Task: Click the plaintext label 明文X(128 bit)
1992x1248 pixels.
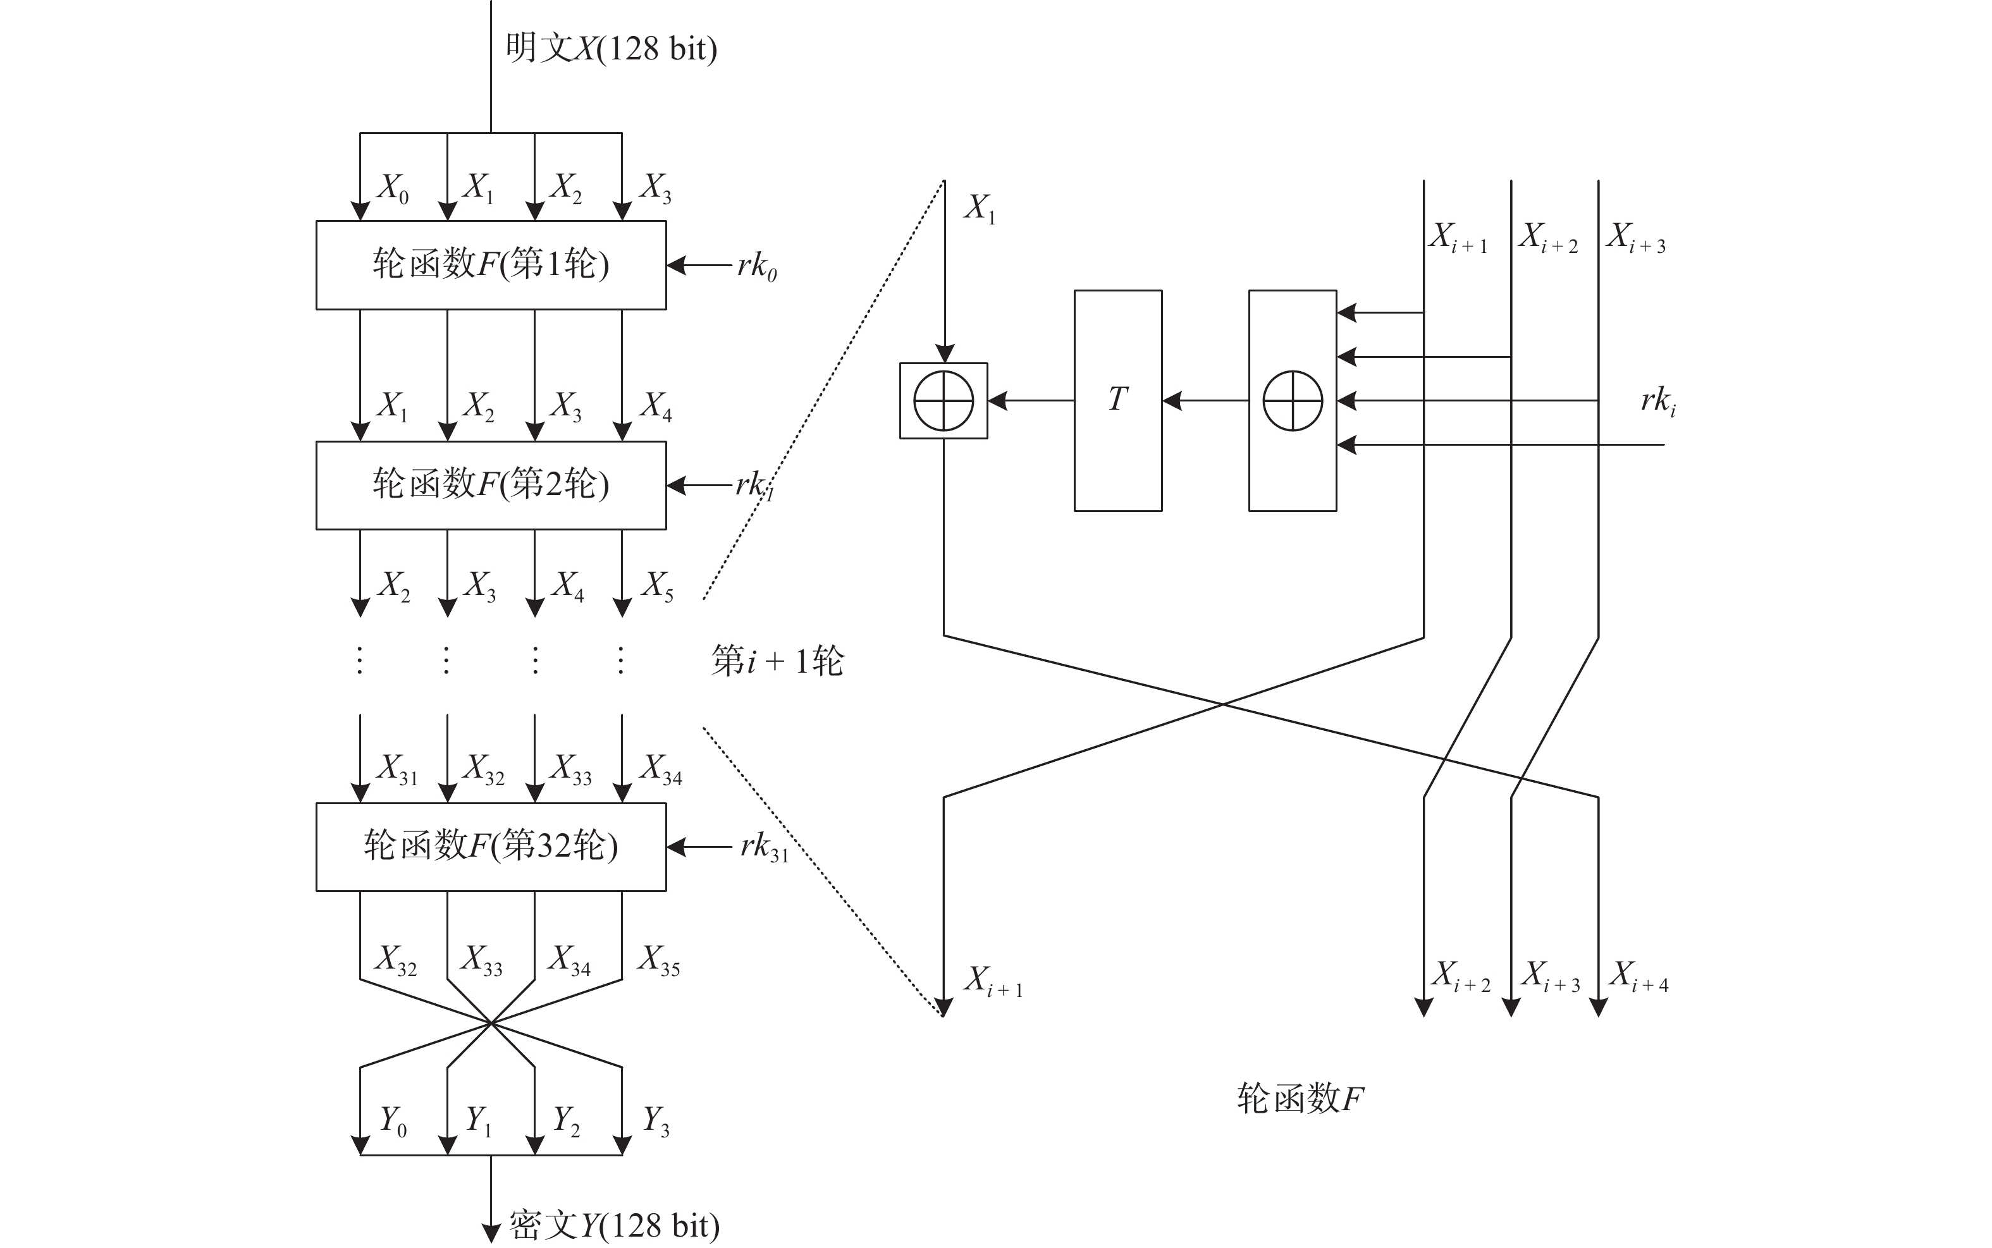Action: [611, 48]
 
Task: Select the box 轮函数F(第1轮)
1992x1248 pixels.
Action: [491, 265]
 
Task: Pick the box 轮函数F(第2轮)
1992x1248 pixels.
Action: [491, 486]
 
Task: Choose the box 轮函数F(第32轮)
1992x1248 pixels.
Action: [491, 847]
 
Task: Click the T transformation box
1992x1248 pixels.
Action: [1118, 400]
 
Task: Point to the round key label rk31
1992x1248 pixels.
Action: [765, 848]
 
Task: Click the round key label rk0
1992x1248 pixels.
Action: [757, 267]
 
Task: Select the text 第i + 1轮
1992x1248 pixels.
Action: [778, 661]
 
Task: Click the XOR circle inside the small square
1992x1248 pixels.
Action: [944, 401]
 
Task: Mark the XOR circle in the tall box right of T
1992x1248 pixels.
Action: [1293, 401]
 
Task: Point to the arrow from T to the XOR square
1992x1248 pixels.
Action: [1031, 401]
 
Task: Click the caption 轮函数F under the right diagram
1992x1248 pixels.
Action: [1300, 1099]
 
